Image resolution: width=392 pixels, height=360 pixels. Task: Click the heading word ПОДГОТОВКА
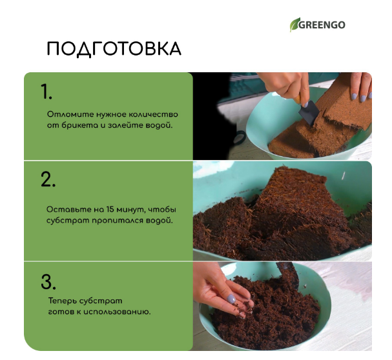pyautogui.click(x=114, y=49)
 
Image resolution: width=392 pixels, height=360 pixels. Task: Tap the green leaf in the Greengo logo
pyautogui.click(x=294, y=25)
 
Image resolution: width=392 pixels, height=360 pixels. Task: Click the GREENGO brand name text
pyautogui.click(x=322, y=25)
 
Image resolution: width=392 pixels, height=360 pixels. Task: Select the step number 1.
pyautogui.click(x=46, y=92)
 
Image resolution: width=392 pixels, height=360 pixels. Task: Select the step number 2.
pyautogui.click(x=48, y=179)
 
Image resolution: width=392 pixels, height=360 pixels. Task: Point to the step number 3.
pyautogui.click(x=48, y=282)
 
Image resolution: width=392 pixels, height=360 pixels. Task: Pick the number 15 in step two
pyautogui.click(x=110, y=209)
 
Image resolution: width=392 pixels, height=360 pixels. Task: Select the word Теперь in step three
pyautogui.click(x=62, y=301)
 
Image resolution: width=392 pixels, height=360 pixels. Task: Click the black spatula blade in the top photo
pyautogui.click(x=309, y=114)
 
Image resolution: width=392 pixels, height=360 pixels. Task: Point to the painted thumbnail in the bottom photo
pyautogui.click(x=231, y=299)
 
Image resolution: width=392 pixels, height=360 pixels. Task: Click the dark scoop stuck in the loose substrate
pyautogui.click(x=289, y=275)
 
